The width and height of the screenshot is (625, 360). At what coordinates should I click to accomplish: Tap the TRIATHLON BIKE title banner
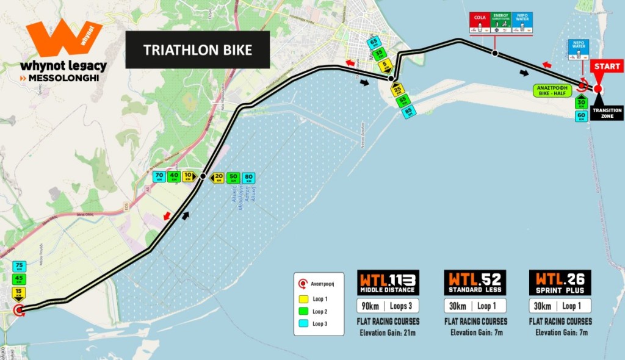197,50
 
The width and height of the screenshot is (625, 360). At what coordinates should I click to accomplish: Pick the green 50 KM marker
233,178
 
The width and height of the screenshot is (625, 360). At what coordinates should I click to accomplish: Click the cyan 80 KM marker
248,178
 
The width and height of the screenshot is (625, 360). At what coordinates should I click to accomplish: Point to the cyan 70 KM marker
159,177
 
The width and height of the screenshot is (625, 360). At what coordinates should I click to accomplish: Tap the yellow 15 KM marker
18,293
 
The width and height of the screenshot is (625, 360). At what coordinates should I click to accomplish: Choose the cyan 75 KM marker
18,267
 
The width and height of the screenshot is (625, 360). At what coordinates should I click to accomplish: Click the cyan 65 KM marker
375,43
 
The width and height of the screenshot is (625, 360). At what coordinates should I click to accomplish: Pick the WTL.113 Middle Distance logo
388,283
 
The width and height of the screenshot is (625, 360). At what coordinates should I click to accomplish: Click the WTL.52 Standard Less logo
474,283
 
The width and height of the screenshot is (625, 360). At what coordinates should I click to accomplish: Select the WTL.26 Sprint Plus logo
560,283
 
